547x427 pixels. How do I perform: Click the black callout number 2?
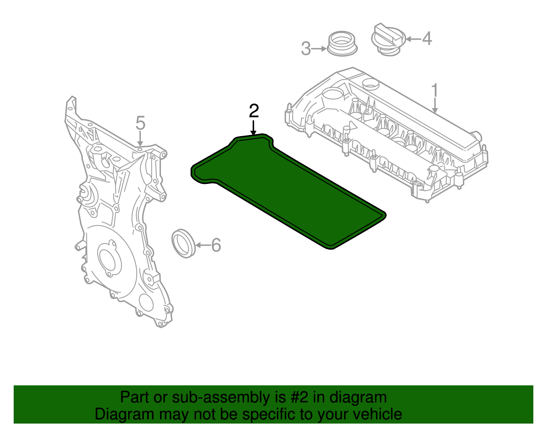(254, 111)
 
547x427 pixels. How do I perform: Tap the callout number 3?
(306, 49)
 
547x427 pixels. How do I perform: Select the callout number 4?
(427, 38)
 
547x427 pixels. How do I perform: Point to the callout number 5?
(140, 123)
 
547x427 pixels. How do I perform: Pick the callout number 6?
(216, 245)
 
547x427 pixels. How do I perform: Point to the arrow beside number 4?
(413, 39)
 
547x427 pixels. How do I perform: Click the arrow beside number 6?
(202, 245)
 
